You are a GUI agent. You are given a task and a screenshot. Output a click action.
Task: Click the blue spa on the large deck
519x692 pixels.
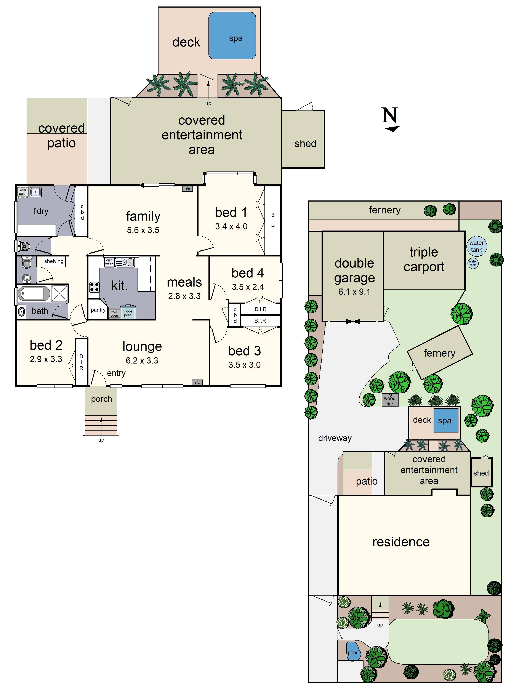coord(232,35)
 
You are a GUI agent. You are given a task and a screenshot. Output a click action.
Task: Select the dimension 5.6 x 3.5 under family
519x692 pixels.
coord(143,230)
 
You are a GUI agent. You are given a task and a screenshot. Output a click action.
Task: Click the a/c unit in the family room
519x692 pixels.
coord(187,189)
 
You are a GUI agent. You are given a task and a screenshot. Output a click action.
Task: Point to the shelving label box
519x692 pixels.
coord(54,261)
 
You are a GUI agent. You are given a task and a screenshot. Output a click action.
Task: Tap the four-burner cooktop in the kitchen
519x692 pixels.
coord(94,287)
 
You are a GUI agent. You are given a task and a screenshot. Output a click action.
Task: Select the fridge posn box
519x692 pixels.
coord(128,312)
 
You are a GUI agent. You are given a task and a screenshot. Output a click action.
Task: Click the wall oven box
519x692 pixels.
coord(114,313)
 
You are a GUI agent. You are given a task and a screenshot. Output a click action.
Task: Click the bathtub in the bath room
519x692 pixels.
coord(34,294)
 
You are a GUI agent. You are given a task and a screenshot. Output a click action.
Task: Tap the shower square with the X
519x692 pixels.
coord(59,294)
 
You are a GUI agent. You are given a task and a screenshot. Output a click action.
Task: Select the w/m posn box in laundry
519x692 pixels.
coord(22,191)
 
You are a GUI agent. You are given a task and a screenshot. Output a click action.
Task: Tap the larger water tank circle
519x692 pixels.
coord(476,246)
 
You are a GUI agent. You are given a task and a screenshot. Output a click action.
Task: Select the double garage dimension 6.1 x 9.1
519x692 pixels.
coord(354,292)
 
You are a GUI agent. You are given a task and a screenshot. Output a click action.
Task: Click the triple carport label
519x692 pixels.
coord(424,259)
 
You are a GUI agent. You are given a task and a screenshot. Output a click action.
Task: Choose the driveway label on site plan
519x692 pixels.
coord(335,438)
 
